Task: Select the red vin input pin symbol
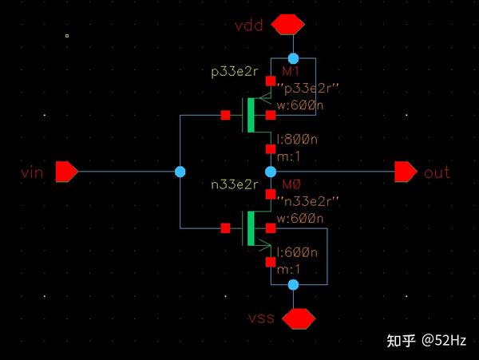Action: pos(66,171)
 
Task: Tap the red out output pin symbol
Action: pos(406,171)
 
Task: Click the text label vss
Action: pos(262,318)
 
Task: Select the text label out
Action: pos(437,172)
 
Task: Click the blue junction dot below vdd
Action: pos(293,58)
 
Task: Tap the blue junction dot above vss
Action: pos(293,284)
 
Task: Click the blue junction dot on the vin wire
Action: pos(180,172)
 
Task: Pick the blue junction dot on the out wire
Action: pos(271,172)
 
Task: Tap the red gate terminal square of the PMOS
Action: pos(225,115)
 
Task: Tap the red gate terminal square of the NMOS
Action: pos(225,229)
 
